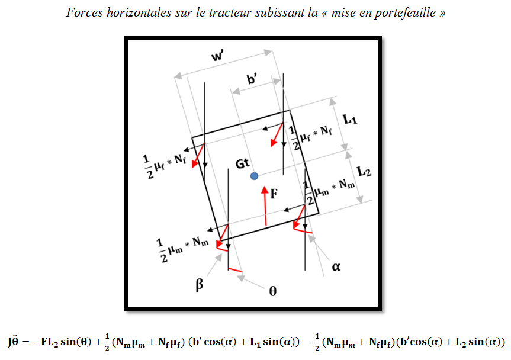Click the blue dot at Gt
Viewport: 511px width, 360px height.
click(254, 176)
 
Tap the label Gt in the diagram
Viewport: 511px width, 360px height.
click(243, 163)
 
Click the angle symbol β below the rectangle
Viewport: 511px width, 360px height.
click(200, 285)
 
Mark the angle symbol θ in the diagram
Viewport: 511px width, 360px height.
click(272, 291)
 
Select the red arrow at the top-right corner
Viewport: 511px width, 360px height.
click(275, 134)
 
